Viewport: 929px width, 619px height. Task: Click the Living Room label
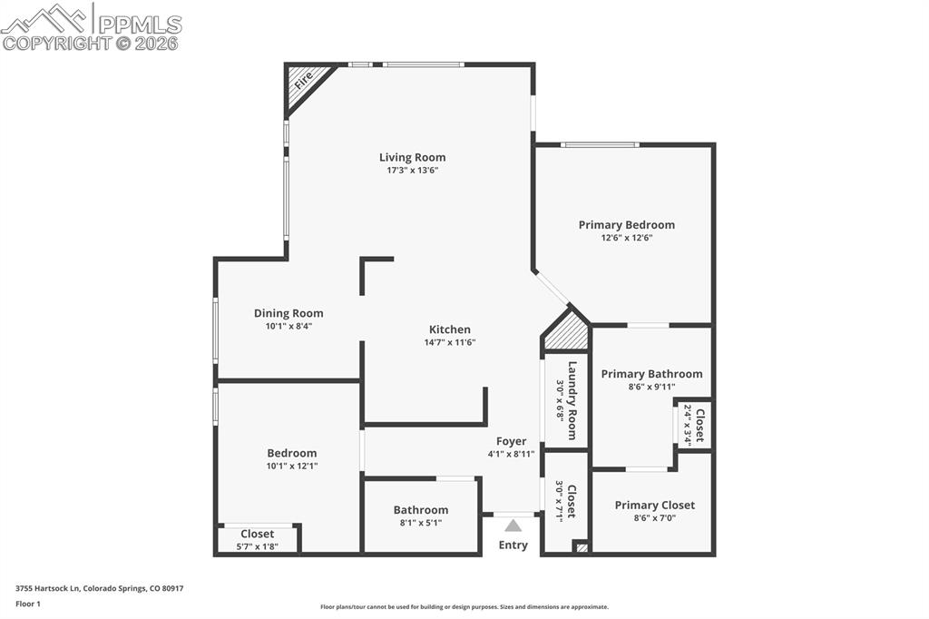(x=412, y=157)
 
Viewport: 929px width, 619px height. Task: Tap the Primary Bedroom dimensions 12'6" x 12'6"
(x=626, y=238)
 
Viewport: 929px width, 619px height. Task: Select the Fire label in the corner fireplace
(x=302, y=81)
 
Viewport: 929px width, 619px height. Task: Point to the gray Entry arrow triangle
(x=513, y=526)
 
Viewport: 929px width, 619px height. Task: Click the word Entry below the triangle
(x=513, y=545)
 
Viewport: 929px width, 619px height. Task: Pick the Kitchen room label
(x=449, y=329)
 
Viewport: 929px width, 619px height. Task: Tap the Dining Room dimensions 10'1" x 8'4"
(x=288, y=326)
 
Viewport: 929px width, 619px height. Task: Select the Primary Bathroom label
(x=651, y=373)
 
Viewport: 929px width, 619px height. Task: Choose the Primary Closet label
(x=654, y=505)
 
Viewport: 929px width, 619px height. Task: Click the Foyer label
(x=512, y=441)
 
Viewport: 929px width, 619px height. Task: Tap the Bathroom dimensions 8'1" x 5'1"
(x=420, y=523)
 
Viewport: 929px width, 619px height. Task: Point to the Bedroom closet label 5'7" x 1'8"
(x=257, y=546)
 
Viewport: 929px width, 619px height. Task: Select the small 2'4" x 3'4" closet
(x=694, y=425)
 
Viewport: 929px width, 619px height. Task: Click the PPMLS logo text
(x=140, y=24)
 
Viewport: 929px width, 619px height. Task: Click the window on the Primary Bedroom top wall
(x=600, y=144)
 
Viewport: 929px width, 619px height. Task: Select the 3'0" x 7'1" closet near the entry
(x=566, y=500)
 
